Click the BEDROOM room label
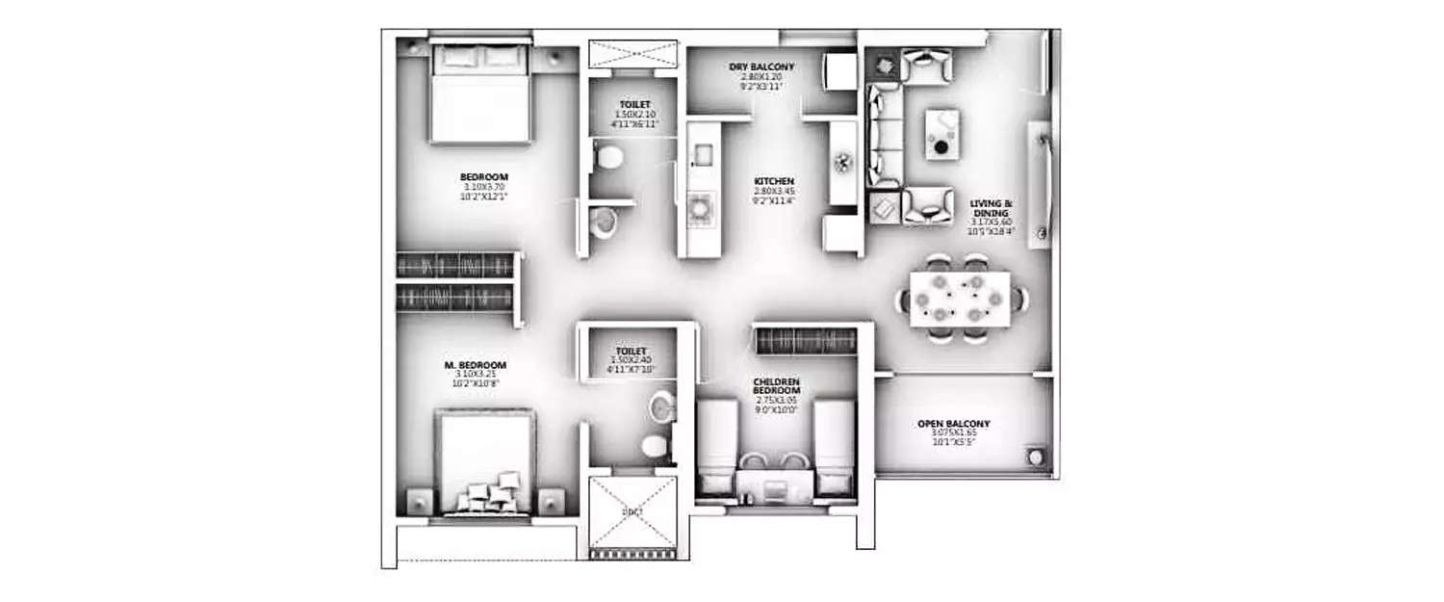coord(483,176)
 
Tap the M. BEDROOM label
coord(476,365)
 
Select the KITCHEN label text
coord(773,181)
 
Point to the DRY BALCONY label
coord(761,66)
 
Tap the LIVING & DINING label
coord(993,210)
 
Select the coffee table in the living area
coord(941,134)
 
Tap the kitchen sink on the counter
coord(702,151)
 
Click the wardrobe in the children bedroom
coord(806,341)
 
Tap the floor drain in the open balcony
coord(1036,455)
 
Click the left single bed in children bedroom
coord(715,448)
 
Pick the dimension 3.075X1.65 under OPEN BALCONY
coord(954,433)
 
